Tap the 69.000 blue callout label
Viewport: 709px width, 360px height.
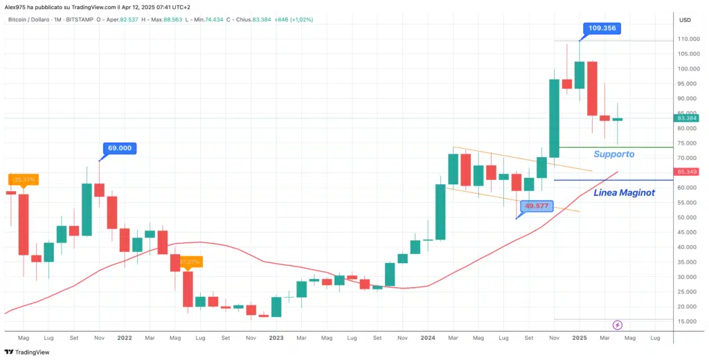pyautogui.click(x=120, y=148)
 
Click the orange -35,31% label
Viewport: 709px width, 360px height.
pyautogui.click(x=23, y=179)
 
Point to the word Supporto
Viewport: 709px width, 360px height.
pyautogui.click(x=614, y=154)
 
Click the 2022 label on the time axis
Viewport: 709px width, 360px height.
pyautogui.click(x=125, y=338)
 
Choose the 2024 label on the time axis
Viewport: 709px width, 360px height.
pyautogui.click(x=427, y=338)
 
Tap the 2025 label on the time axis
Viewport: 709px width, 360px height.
pyautogui.click(x=580, y=338)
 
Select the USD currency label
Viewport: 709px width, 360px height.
pyautogui.click(x=685, y=19)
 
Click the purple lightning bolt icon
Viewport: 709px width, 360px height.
pyautogui.click(x=618, y=325)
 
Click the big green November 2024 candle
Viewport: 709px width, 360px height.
pyautogui.click(x=554, y=118)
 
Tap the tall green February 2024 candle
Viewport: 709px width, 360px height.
pyautogui.click(x=440, y=212)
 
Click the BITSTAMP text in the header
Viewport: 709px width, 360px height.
pyautogui.click(x=82, y=19)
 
